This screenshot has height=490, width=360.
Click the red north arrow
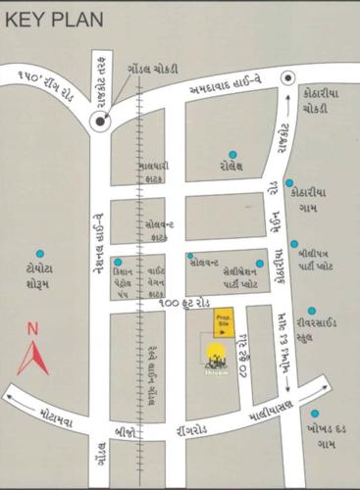[32, 358]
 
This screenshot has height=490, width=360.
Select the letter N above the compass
[32, 329]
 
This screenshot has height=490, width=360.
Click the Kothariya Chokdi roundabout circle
[287, 78]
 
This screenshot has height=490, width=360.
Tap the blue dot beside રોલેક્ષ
[233, 154]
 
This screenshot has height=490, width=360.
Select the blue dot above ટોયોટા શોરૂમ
[40, 253]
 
